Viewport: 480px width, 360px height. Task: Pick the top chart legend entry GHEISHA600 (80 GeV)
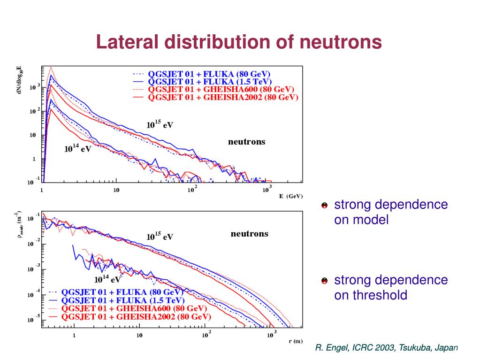221,90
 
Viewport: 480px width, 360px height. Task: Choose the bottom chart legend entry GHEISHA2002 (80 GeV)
137,317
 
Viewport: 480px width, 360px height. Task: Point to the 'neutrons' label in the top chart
246,142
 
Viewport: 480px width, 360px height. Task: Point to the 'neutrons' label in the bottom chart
249,234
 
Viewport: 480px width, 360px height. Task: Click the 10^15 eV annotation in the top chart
160,125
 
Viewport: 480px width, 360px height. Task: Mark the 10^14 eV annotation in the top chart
77,149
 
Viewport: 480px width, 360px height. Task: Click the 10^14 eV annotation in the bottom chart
107,279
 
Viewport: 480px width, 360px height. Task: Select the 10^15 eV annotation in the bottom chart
160,237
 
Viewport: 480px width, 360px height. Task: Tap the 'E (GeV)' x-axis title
291,196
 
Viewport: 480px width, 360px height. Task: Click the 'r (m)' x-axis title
295,341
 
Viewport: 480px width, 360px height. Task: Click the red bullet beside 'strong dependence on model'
324,206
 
